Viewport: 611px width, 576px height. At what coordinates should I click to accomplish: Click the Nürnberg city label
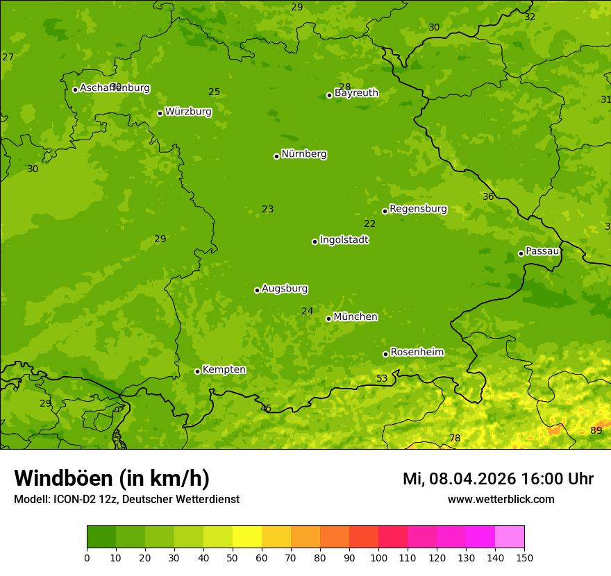(x=304, y=154)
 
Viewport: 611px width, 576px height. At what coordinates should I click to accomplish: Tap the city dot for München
(x=328, y=319)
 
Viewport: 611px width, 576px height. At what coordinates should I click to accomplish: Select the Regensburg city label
(x=418, y=209)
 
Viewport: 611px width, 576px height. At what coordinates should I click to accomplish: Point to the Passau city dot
(x=521, y=253)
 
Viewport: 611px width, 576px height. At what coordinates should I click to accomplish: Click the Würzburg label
(x=188, y=112)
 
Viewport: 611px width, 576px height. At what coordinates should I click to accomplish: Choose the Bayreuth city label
(x=356, y=93)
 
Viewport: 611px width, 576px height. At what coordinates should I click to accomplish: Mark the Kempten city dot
(x=197, y=371)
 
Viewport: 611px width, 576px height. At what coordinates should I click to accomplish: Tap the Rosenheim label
(x=417, y=353)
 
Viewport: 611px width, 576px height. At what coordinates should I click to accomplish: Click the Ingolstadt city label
(x=344, y=240)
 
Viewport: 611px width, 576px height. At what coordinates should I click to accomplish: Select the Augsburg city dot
(x=257, y=290)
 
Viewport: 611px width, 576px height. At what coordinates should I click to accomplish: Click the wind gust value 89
(x=596, y=430)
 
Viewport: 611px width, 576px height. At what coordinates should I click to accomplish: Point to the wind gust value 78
(x=455, y=438)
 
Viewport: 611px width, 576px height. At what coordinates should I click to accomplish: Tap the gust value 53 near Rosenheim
(x=382, y=378)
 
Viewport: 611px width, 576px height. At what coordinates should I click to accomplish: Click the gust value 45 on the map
(x=266, y=408)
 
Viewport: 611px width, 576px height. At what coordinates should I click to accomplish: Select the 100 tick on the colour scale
(x=378, y=557)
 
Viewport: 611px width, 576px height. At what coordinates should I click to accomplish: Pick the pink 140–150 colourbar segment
(x=510, y=537)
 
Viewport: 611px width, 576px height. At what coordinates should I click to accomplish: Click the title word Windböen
(x=62, y=478)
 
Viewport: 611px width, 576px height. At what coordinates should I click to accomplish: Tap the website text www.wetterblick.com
(x=501, y=499)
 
